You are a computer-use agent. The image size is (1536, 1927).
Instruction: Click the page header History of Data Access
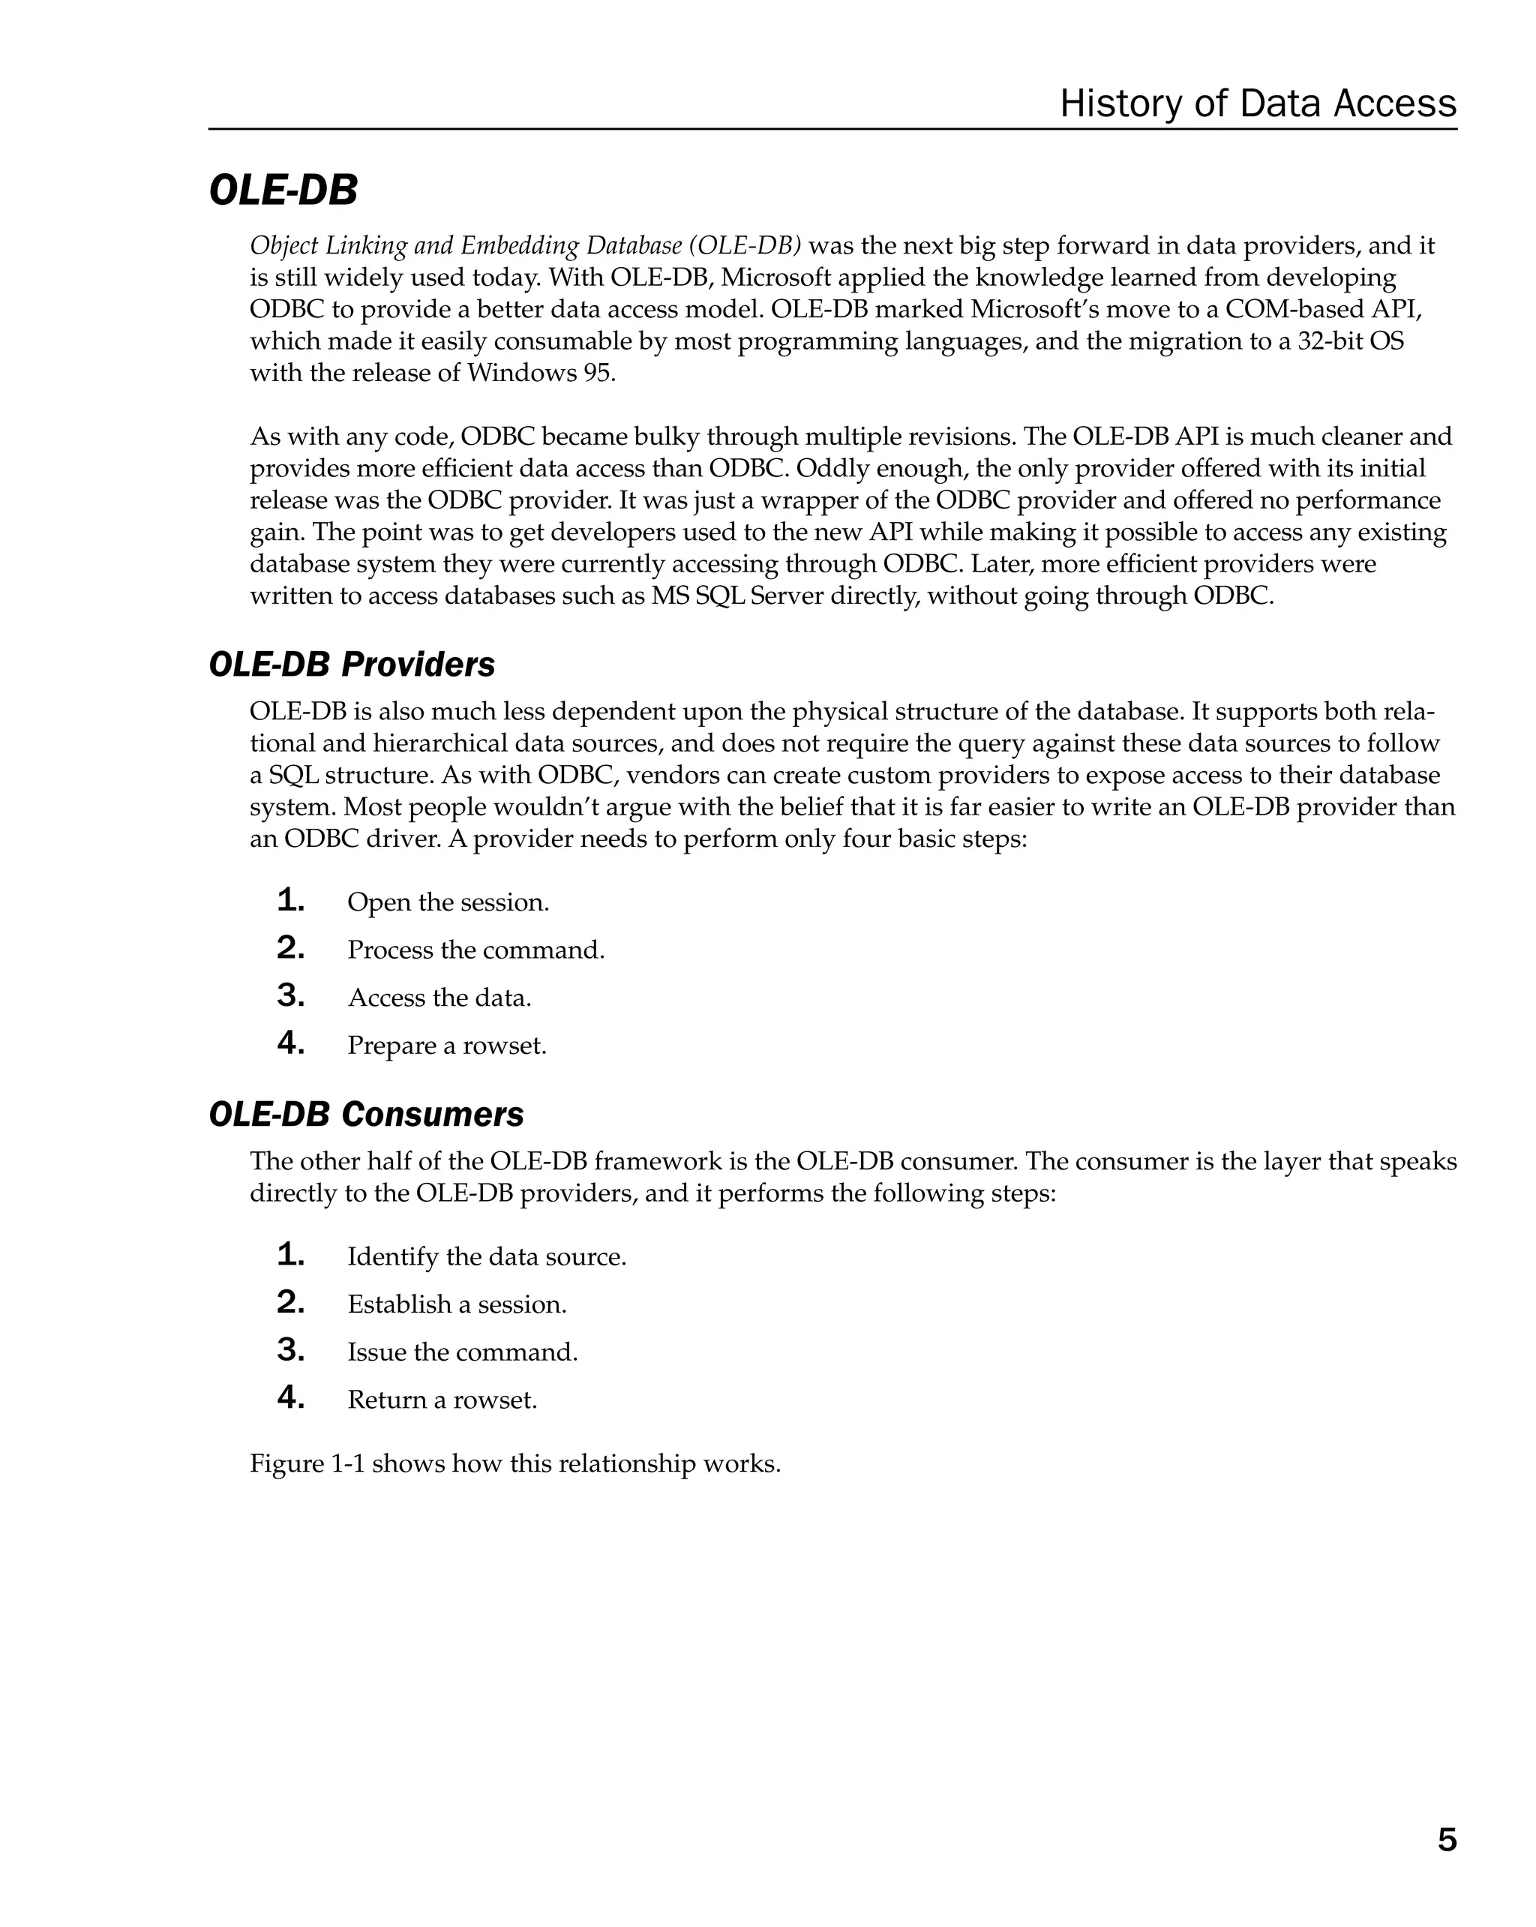tap(1257, 104)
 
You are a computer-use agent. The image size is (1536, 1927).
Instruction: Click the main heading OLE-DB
tap(283, 191)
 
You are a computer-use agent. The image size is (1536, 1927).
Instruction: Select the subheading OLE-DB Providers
tap(351, 665)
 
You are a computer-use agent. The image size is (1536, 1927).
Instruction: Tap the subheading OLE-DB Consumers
tap(365, 1115)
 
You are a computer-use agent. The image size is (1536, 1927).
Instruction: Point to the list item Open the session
tap(448, 902)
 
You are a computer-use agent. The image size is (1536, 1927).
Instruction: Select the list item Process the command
tap(475, 950)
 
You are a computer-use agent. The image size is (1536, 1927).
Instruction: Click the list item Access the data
tap(439, 998)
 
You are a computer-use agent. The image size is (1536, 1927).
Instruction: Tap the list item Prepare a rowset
tap(447, 1045)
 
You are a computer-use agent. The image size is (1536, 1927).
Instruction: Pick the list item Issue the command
tap(462, 1352)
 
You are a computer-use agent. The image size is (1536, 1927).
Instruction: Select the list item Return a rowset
tap(442, 1399)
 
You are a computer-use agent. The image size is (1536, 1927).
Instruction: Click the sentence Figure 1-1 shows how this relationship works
tap(514, 1463)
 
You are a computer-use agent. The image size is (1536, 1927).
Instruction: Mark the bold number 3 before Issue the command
tap(290, 1349)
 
